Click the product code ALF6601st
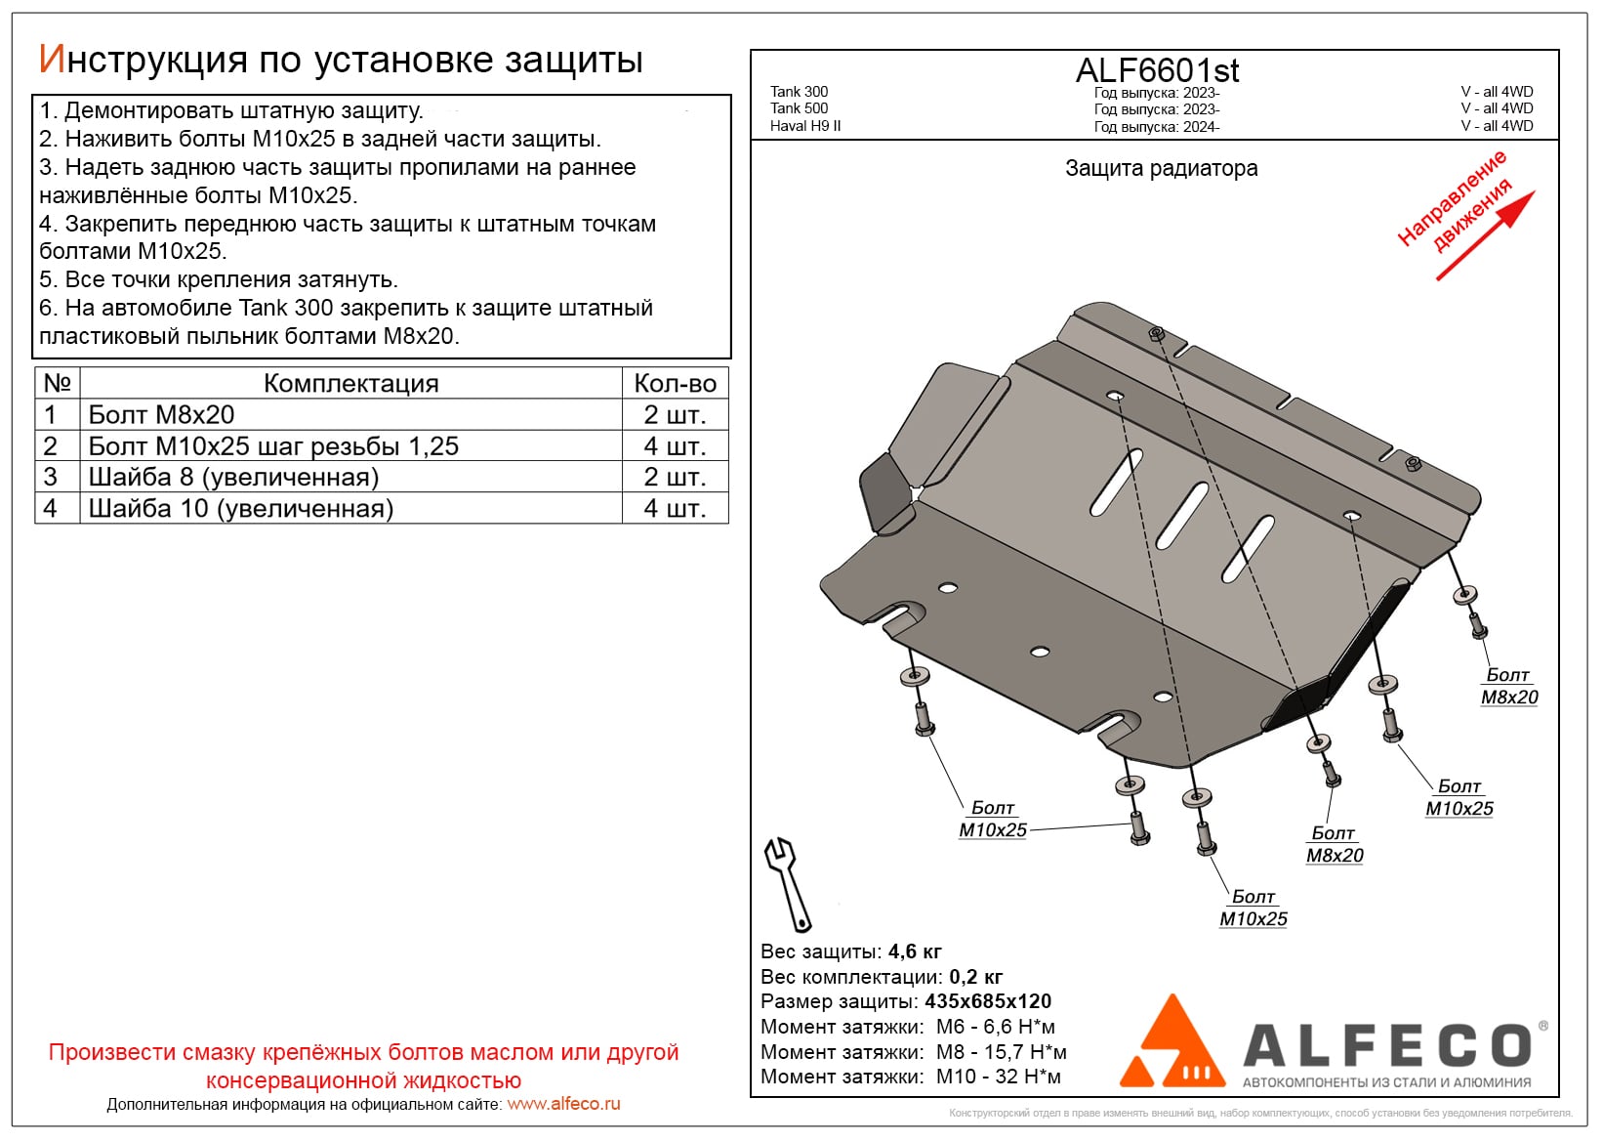click(1157, 70)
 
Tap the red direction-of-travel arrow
click(1485, 235)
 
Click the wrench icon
click(787, 884)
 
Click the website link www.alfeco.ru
click(563, 1104)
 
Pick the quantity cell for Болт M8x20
click(675, 415)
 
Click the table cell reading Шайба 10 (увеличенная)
click(241, 509)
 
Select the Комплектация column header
click(350, 383)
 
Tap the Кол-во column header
click(675, 383)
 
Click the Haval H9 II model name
click(805, 126)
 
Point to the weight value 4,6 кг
click(915, 951)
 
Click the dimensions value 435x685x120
click(988, 1001)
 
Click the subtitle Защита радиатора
click(1161, 168)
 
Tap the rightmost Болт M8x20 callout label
click(1508, 686)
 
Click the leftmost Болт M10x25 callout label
click(993, 820)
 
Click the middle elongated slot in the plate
click(1182, 514)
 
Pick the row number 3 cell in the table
click(51, 478)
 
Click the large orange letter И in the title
click(51, 60)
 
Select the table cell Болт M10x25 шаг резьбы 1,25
click(273, 446)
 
